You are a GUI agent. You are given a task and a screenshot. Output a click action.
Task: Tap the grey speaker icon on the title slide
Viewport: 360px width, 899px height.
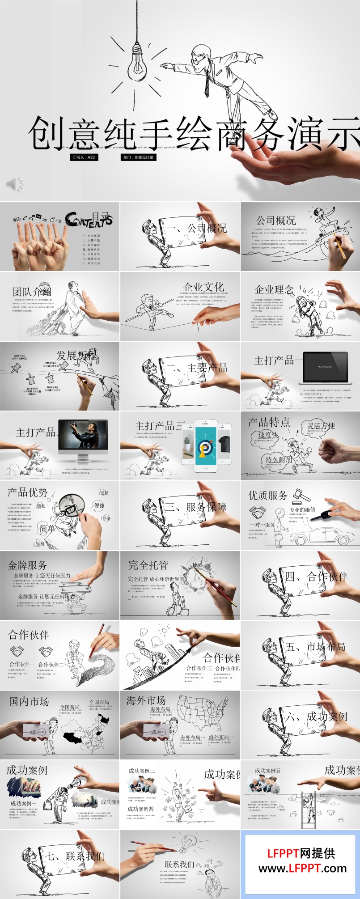click(14, 184)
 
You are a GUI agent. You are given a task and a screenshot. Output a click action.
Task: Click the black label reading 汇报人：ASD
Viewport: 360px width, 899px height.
click(84, 157)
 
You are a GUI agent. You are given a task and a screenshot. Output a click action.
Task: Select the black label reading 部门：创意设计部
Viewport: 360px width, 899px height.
click(139, 157)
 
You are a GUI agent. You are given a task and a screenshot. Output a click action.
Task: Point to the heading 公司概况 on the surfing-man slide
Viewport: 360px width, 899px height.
click(275, 221)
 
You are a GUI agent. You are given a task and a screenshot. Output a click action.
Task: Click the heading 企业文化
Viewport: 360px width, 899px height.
click(203, 287)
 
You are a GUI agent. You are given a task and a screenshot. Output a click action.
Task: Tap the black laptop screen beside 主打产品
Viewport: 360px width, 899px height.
click(325, 366)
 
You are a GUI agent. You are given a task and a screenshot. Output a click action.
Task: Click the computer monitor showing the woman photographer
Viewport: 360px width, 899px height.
click(83, 437)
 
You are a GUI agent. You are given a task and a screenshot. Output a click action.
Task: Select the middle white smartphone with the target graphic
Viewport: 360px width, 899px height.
click(206, 446)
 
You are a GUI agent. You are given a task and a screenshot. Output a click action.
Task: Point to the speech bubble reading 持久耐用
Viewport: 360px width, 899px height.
click(278, 459)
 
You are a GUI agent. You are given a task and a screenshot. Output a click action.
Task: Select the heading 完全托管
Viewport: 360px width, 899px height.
click(148, 565)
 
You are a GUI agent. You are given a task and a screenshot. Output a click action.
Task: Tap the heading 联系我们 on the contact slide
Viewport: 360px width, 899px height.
click(179, 864)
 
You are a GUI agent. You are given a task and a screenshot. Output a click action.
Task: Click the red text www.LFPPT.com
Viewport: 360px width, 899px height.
click(302, 868)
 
